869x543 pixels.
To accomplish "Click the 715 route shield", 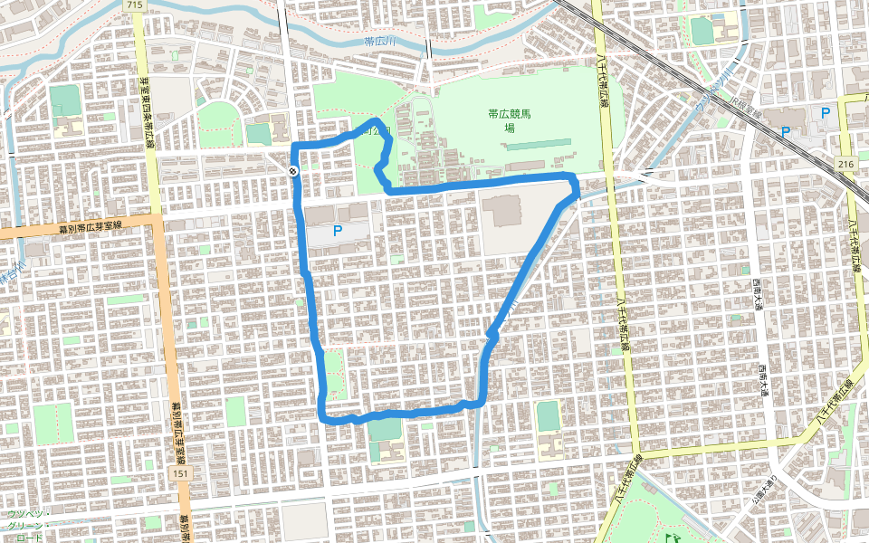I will tap(135, 5).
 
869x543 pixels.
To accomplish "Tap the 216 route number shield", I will tap(845, 163).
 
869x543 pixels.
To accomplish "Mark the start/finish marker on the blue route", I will tap(293, 172).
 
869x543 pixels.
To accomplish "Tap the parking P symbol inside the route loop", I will tap(338, 231).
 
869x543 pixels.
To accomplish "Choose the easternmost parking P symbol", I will tap(825, 113).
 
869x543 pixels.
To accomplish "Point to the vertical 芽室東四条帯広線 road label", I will tap(145, 104).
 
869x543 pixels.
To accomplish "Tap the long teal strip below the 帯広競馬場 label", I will tap(534, 144).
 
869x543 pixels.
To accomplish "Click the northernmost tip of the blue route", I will tap(375, 120).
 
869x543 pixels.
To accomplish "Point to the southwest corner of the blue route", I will tap(324, 417).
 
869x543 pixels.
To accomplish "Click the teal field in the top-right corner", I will tap(702, 31).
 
